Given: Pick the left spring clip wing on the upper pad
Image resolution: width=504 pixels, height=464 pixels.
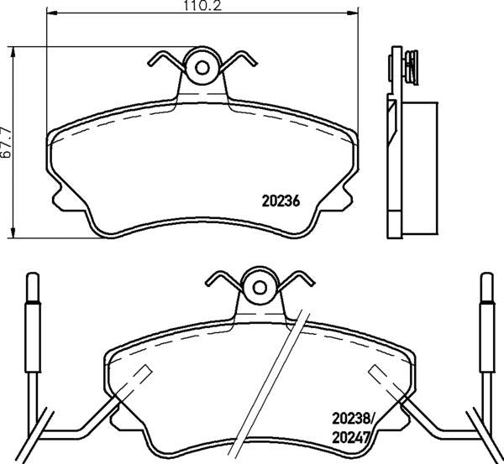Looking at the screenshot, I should (x=164, y=60).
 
